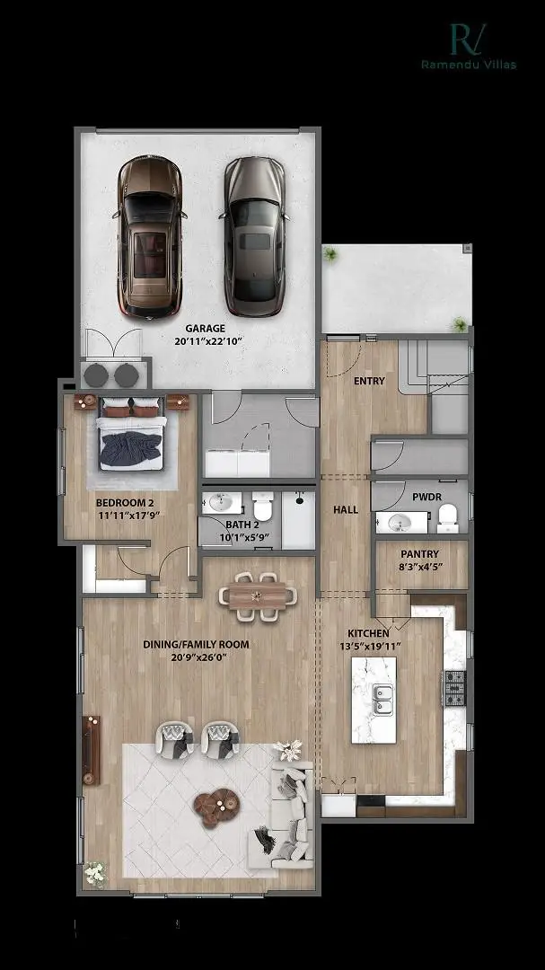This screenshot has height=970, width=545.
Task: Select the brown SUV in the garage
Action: coord(150,236)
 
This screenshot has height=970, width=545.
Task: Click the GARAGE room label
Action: coord(206,329)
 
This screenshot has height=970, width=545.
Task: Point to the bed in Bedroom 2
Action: coord(132,436)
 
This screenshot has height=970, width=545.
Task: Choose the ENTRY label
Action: coord(369,381)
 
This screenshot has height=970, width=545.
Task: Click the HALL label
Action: coord(346,509)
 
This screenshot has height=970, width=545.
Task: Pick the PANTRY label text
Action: coord(419,554)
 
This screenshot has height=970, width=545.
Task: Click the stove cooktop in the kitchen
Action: coord(455,687)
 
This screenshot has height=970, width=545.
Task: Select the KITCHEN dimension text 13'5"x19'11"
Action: coord(369,646)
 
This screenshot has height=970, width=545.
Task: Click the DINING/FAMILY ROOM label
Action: coord(197,644)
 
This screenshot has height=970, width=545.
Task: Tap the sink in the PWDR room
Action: coord(396,522)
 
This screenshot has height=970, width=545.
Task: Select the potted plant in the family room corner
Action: coord(94,871)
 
